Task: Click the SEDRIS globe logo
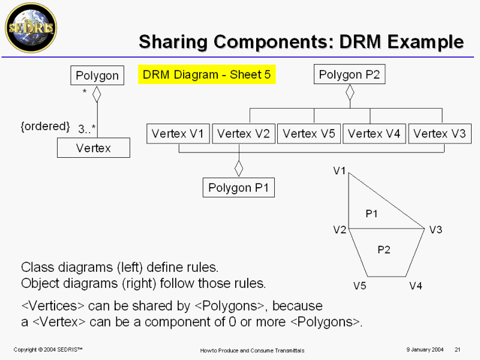pyautogui.click(x=31, y=28)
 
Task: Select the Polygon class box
pyautogui.click(x=97, y=76)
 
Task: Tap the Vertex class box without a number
pyautogui.click(x=94, y=148)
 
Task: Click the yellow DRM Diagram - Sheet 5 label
pyautogui.click(x=206, y=74)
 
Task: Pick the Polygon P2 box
pyautogui.click(x=349, y=74)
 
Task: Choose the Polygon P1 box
pyautogui.click(x=238, y=187)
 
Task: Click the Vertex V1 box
pyautogui.click(x=178, y=134)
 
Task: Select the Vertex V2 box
pyautogui.click(x=244, y=134)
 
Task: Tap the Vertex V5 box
pyautogui.click(x=309, y=134)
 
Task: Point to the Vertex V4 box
pyautogui.click(x=374, y=134)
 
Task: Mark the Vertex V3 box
pyautogui.click(x=440, y=134)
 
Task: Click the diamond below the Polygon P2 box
pyautogui.click(x=350, y=92)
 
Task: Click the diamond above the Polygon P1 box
pyautogui.click(x=239, y=169)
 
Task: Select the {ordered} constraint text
pyautogui.click(x=45, y=126)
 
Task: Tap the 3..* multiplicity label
pyautogui.click(x=86, y=129)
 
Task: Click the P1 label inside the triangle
pyautogui.click(x=371, y=214)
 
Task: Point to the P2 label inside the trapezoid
pyautogui.click(x=384, y=250)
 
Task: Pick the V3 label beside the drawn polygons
pyautogui.click(x=436, y=230)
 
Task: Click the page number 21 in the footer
pyautogui.click(x=457, y=350)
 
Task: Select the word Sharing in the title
pyautogui.click(x=173, y=42)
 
